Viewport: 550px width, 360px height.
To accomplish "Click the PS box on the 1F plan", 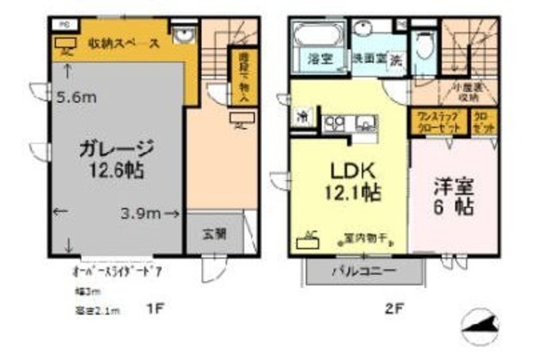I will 64,25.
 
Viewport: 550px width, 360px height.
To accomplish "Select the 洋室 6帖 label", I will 454,196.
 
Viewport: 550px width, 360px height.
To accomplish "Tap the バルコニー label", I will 364,271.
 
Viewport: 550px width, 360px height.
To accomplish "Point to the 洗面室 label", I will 366,61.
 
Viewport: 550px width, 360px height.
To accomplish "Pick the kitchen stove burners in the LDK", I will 334,123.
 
